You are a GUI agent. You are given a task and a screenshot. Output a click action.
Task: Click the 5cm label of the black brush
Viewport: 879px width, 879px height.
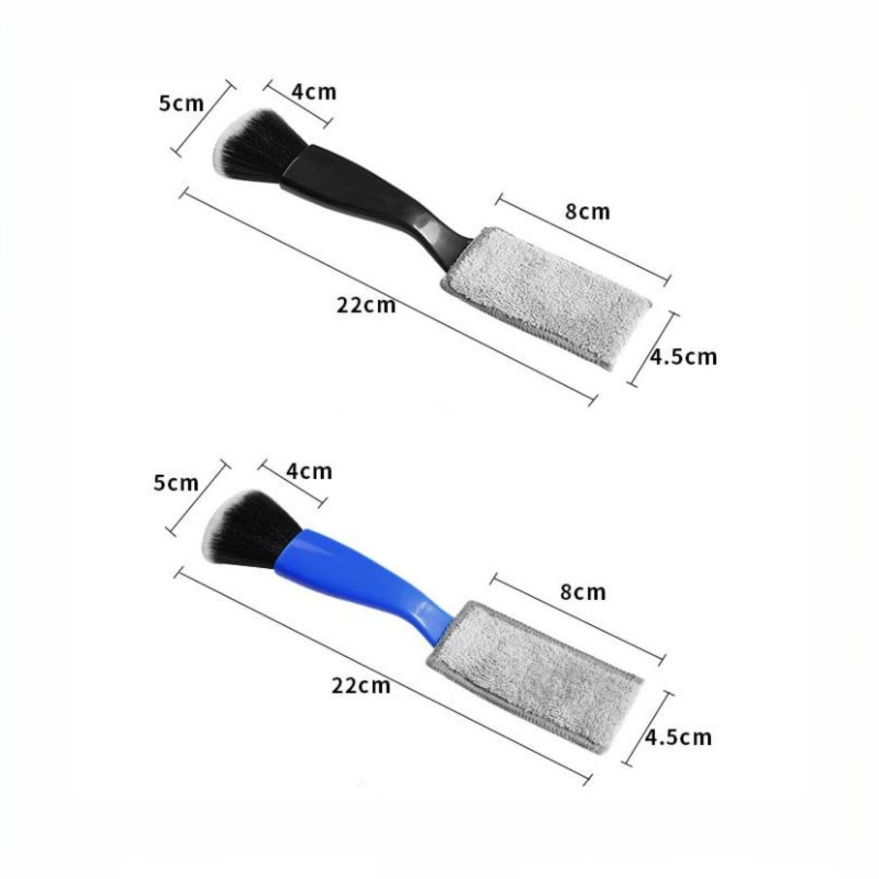pos(181,104)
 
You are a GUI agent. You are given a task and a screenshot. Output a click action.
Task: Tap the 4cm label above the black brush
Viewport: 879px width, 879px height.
pos(314,92)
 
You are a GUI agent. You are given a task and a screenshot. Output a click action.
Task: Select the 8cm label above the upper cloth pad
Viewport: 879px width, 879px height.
pos(587,212)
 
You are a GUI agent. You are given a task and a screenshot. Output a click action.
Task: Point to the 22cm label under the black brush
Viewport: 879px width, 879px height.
pos(366,304)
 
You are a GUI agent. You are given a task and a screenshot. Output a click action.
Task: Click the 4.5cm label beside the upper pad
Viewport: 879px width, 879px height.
pos(683,357)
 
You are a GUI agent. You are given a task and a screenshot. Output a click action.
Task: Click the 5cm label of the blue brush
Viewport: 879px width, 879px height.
pos(176,483)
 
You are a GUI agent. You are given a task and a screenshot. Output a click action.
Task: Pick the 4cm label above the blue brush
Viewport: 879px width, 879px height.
pos(309,471)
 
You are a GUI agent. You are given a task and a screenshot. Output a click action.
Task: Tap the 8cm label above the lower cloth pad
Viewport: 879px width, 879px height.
pos(583,592)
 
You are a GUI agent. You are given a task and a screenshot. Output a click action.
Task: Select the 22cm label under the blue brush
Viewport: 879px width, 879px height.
pos(361,686)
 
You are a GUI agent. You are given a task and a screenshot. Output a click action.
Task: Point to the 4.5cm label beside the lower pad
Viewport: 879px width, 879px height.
pos(678,737)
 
